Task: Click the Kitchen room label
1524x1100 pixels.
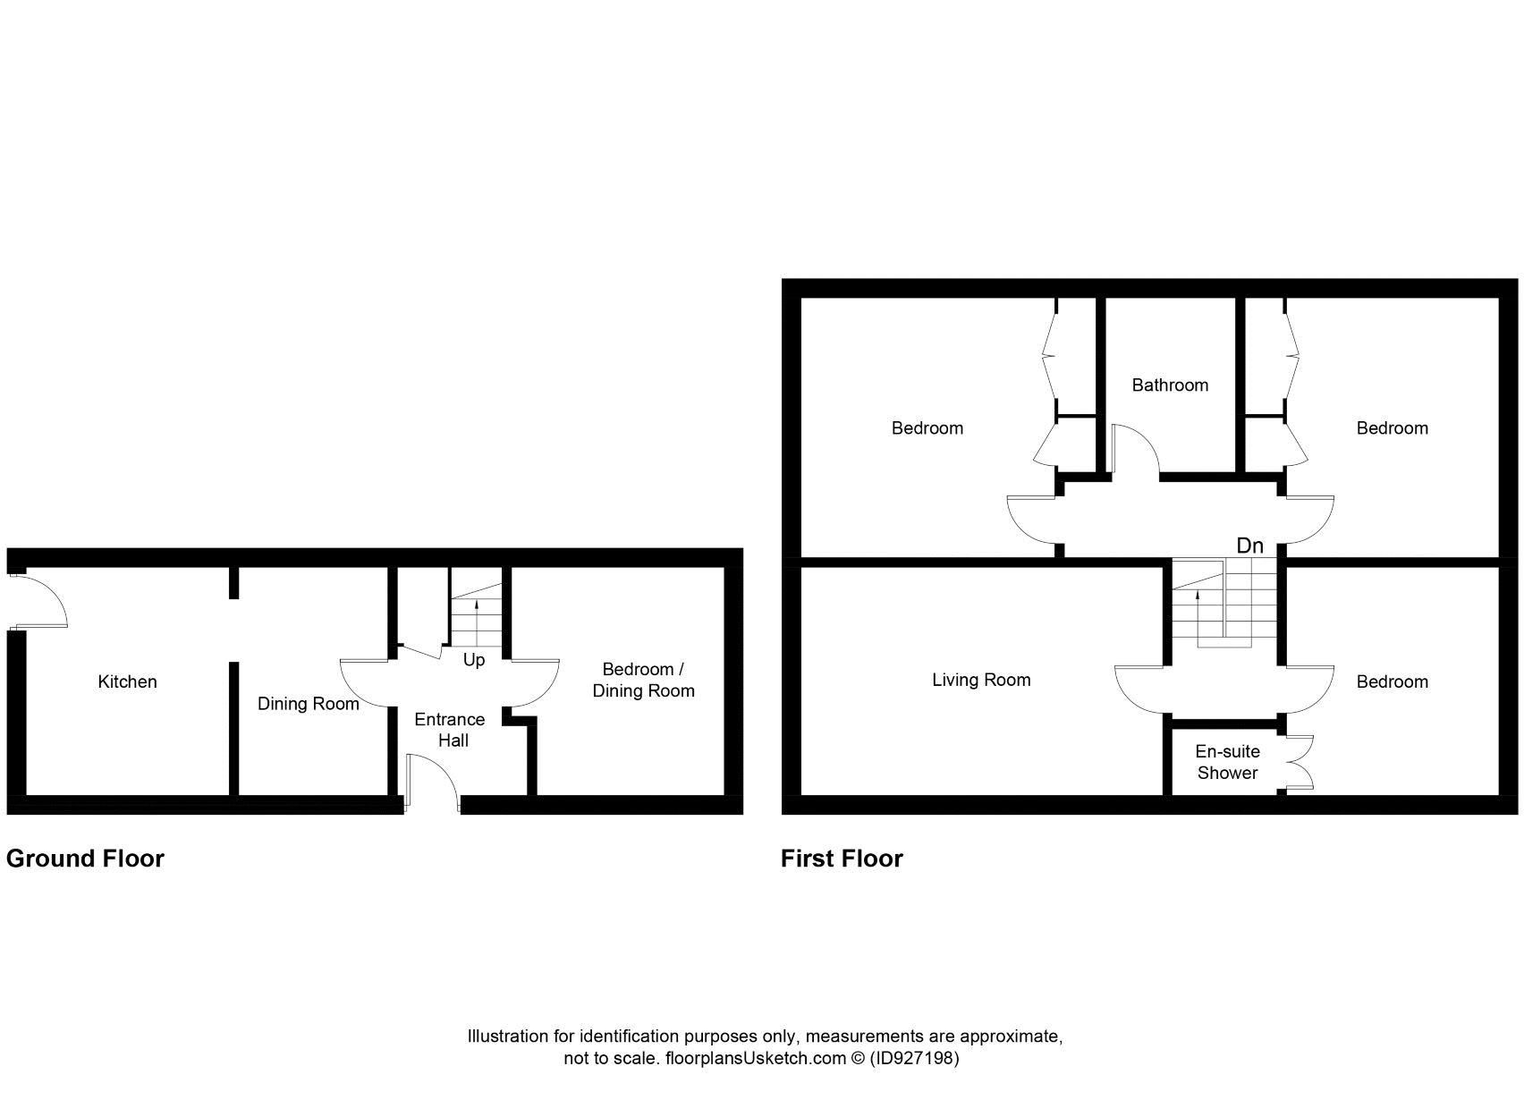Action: (x=127, y=682)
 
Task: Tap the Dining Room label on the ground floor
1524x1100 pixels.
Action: (x=308, y=704)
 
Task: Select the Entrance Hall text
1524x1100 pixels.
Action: (x=449, y=730)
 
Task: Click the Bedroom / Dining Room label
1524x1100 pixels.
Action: (x=643, y=680)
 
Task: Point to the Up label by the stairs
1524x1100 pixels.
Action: (x=474, y=660)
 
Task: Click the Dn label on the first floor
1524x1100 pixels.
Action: (x=1249, y=546)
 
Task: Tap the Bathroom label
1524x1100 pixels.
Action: (x=1169, y=385)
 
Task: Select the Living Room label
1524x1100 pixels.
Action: (x=981, y=681)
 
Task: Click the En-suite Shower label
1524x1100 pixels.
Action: (x=1227, y=762)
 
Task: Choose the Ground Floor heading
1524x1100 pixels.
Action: (x=85, y=859)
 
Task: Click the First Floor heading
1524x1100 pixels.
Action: (x=842, y=859)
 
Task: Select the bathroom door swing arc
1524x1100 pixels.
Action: (x=1135, y=448)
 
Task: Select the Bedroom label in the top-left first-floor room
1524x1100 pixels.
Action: (x=927, y=428)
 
